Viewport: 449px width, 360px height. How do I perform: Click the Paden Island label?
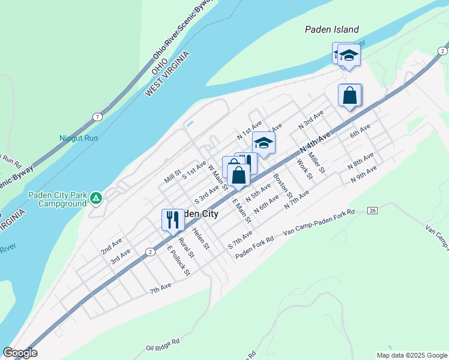331,29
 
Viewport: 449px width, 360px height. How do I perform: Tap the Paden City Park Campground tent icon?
95,197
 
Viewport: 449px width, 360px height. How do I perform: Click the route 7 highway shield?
97,117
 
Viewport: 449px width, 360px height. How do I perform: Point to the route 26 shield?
372,211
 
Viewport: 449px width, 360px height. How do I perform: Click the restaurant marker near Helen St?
173,220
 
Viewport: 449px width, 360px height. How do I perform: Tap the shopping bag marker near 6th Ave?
349,95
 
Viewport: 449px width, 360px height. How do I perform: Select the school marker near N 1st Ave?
263,143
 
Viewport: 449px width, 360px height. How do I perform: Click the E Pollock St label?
178,261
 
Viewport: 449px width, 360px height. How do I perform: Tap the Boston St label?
282,186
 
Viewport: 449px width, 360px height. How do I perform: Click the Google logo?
20,353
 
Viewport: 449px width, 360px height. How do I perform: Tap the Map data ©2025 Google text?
411,355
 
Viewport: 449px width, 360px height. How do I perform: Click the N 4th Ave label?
315,142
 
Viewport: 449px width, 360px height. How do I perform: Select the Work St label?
304,169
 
